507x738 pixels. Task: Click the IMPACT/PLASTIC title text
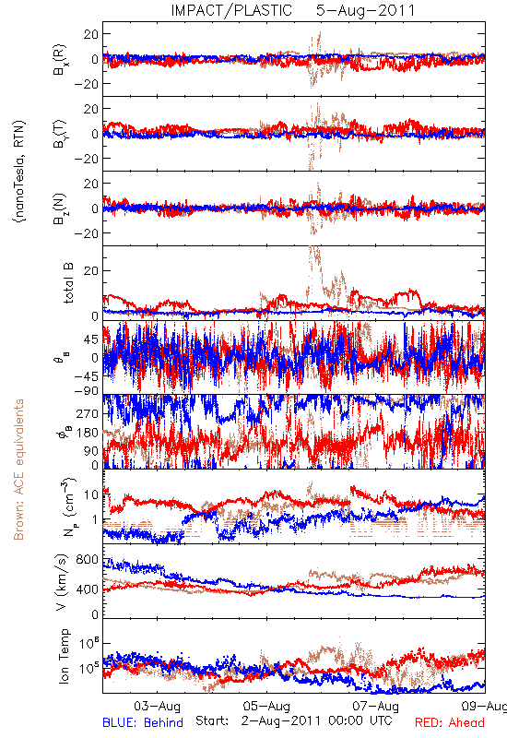coord(231,10)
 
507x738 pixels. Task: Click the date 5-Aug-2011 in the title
coord(365,10)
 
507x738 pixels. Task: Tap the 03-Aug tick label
coord(157,706)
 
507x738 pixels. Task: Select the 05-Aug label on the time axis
coord(266,706)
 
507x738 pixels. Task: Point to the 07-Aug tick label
coord(376,706)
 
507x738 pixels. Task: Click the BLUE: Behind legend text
coord(143,722)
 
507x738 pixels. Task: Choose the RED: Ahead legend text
coord(449,722)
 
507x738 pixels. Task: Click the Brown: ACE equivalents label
coord(18,470)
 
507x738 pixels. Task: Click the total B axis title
coord(68,283)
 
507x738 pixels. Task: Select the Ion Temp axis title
coord(64,656)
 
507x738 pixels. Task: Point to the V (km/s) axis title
coord(63,582)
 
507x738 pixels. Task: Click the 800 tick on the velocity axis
coord(87,560)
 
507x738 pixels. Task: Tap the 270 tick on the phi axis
coord(88,413)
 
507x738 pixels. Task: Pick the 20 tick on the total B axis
coord(91,270)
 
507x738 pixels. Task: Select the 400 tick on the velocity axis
coord(87,589)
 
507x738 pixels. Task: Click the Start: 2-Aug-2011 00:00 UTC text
coord(294,720)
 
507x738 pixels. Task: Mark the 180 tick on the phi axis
coord(88,433)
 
